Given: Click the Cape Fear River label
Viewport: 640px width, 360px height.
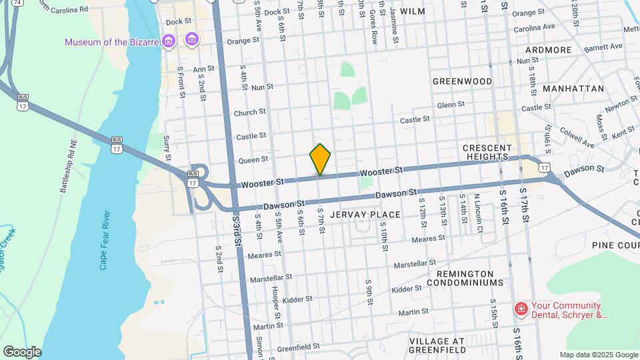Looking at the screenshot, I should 104,240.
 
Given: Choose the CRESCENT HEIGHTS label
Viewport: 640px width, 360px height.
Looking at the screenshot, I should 487,152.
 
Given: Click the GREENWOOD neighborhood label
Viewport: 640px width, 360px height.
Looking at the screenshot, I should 462,81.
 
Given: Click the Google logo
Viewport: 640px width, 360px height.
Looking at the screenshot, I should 22,352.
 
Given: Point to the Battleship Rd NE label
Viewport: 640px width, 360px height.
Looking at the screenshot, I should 69,166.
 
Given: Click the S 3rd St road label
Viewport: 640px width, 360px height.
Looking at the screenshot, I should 237,231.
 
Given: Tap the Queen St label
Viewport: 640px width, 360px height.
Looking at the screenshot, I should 253,159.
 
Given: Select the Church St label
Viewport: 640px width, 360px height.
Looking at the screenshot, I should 250,113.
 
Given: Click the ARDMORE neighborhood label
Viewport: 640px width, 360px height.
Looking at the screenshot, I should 548,50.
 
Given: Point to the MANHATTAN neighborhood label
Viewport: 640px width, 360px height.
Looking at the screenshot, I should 573,88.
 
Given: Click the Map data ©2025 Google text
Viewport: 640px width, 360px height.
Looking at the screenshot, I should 598,355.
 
